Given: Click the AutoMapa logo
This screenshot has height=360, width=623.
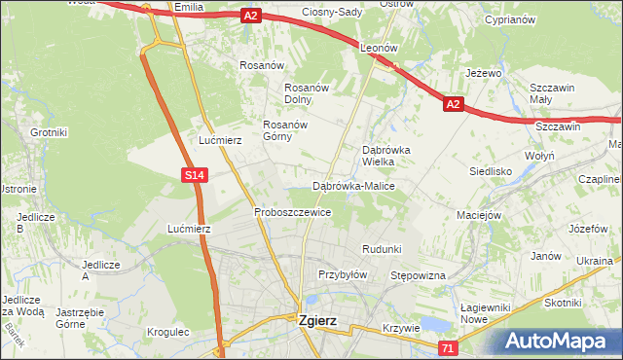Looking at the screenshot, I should (x=560, y=341).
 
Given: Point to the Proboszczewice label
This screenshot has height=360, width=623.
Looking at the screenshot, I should (x=293, y=211).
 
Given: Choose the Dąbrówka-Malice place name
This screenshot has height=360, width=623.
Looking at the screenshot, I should (x=352, y=185).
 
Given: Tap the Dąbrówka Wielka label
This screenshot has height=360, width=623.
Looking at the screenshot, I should (x=386, y=156).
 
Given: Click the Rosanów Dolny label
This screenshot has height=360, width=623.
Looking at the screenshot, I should (x=310, y=93).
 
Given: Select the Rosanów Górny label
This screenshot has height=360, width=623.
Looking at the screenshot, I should (x=285, y=130).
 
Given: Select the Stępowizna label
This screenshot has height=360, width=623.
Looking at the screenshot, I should (x=418, y=276).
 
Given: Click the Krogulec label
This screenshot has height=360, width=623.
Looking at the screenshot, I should (x=167, y=332).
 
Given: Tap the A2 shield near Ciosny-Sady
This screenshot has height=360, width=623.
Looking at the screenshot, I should (x=251, y=16).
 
